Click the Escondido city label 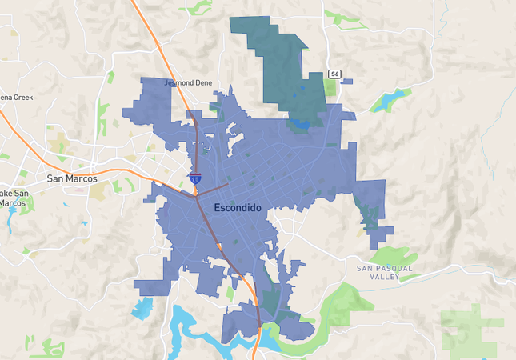238,207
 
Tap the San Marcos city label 72,178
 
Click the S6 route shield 334,74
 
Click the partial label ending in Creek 14,97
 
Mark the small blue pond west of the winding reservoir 144,307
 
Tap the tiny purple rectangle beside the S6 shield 346,81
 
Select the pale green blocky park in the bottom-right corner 472,328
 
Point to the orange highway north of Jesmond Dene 152,32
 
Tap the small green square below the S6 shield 330,86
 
